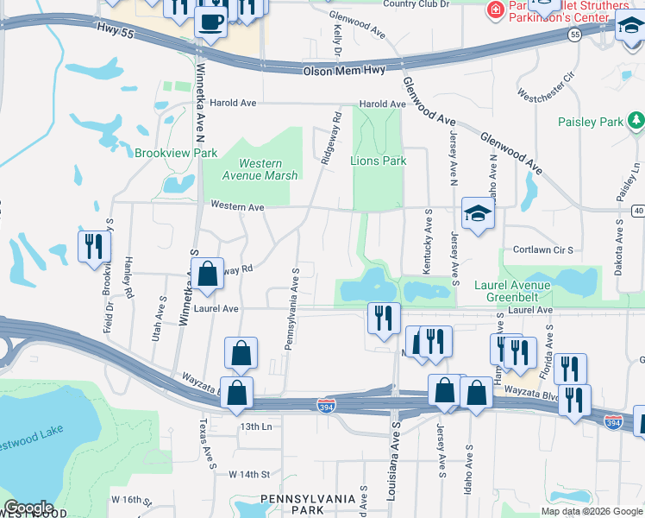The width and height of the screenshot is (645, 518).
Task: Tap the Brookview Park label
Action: (x=176, y=153)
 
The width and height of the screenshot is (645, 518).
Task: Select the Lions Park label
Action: (x=378, y=161)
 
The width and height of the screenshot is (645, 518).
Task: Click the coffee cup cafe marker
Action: (x=210, y=22)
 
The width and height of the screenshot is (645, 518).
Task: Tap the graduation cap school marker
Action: (x=477, y=214)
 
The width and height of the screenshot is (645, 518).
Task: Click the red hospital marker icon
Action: (x=495, y=9)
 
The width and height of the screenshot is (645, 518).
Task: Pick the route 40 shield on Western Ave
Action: (x=637, y=210)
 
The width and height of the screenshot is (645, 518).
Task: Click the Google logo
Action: (x=28, y=508)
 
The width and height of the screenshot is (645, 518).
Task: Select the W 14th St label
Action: (x=249, y=474)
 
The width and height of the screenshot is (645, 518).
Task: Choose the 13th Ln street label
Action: (x=255, y=426)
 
